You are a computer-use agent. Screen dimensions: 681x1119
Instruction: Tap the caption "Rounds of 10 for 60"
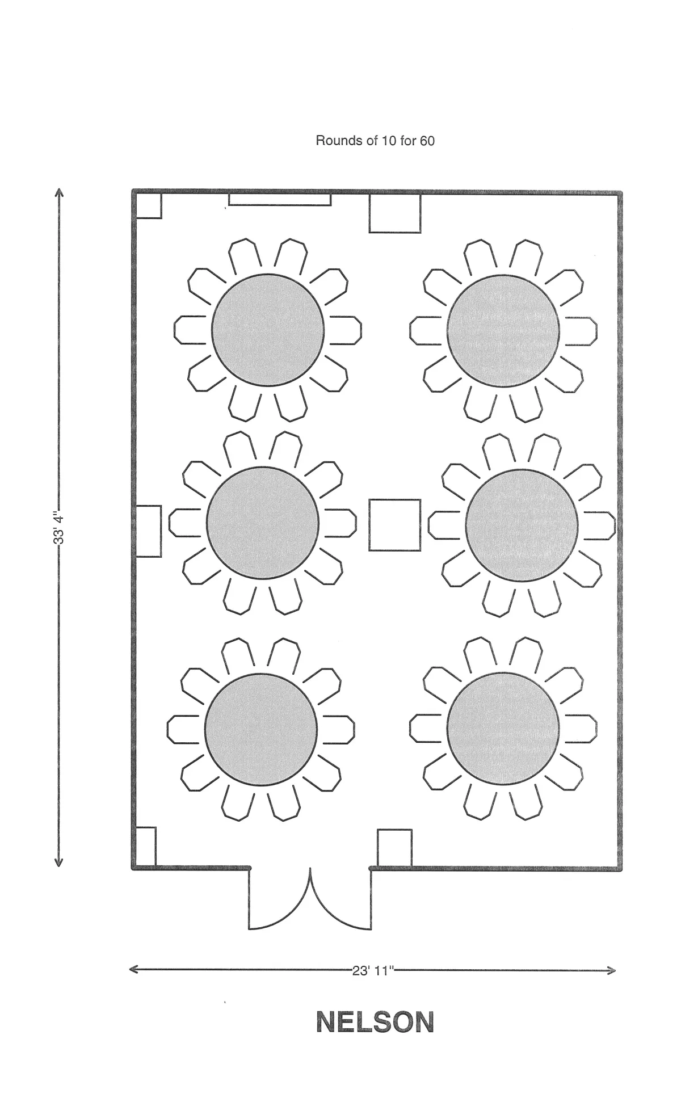[375, 140]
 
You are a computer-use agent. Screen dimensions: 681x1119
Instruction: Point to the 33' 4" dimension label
[58, 528]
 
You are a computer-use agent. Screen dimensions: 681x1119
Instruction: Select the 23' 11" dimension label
[373, 970]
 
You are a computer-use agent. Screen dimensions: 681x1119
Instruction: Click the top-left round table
[268, 330]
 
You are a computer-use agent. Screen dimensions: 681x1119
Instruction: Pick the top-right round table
[503, 331]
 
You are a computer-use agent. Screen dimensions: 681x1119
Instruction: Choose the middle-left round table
[262, 523]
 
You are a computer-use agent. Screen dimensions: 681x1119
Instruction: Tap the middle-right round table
[522, 525]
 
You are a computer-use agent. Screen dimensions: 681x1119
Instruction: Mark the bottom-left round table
[260, 729]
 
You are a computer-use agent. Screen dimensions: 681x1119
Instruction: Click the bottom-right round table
[503, 729]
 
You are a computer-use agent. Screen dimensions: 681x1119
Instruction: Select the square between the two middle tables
[395, 525]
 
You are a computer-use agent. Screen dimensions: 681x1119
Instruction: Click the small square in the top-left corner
[148, 205]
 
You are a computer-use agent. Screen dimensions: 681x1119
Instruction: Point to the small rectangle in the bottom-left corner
[145, 846]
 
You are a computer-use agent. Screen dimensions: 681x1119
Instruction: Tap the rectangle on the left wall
[149, 531]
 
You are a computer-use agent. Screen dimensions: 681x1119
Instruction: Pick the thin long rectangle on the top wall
[280, 199]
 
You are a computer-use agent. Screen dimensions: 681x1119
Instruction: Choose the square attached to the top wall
[395, 213]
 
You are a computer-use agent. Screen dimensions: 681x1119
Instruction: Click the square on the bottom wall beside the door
[394, 848]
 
